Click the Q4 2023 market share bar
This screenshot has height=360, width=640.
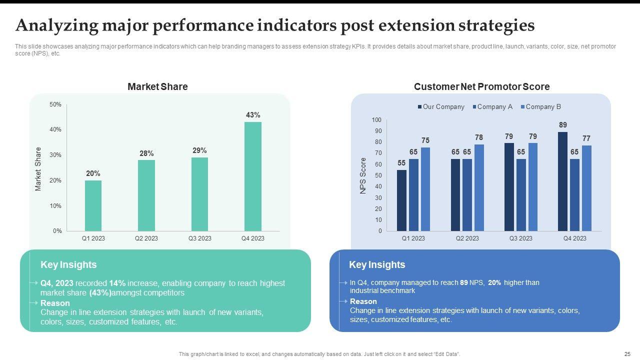click(253, 176)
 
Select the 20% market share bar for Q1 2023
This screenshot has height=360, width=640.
click(93, 205)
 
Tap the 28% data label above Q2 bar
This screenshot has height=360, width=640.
click(146, 153)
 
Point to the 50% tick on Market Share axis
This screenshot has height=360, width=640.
click(55, 104)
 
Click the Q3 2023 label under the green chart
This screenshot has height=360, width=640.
click(199, 238)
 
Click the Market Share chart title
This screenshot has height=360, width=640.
click(157, 86)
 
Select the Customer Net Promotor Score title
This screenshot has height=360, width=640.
click(481, 86)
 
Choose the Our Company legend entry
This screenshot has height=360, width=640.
click(443, 106)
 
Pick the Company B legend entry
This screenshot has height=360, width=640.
click(542, 106)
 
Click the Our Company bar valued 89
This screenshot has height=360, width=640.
click(562, 181)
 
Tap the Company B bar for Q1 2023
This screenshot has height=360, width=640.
click(425, 189)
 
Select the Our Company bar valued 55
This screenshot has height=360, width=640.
click(401, 200)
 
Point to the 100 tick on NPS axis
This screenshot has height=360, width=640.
click(376, 120)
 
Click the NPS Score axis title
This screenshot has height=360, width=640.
click(363, 175)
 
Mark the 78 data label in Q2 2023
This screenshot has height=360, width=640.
click(479, 137)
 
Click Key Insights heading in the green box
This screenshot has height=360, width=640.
click(68, 265)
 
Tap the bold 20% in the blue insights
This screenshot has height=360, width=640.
click(494, 282)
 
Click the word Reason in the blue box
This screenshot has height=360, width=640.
click(363, 301)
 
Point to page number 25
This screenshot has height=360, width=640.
click(627, 354)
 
